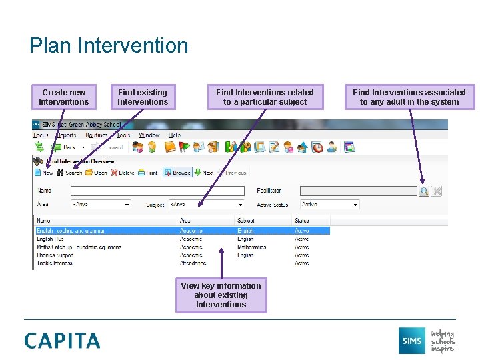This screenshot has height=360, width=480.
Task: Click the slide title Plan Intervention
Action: (109, 46)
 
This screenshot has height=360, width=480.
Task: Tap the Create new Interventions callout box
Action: (63, 97)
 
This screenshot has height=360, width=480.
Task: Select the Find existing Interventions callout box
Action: (143, 97)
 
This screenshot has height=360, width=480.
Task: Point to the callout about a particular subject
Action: (265, 97)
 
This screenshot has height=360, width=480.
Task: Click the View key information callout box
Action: (221, 295)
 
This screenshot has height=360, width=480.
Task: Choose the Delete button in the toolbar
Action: (123, 173)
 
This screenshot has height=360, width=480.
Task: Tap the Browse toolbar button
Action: (177, 173)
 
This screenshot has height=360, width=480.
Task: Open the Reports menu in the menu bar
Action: (67, 135)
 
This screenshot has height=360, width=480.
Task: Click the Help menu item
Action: (174, 135)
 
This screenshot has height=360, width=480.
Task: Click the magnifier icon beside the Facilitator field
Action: (424, 191)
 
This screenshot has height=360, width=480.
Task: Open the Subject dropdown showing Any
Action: (206, 205)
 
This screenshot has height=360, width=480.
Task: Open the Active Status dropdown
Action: (329, 205)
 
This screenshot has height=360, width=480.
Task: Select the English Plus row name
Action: (51, 239)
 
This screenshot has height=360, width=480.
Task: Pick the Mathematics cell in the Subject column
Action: (252, 247)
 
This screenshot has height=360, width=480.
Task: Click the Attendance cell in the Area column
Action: (193, 263)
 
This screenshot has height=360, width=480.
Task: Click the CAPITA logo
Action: (63, 341)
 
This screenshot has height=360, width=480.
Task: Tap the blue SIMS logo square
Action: (411, 341)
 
